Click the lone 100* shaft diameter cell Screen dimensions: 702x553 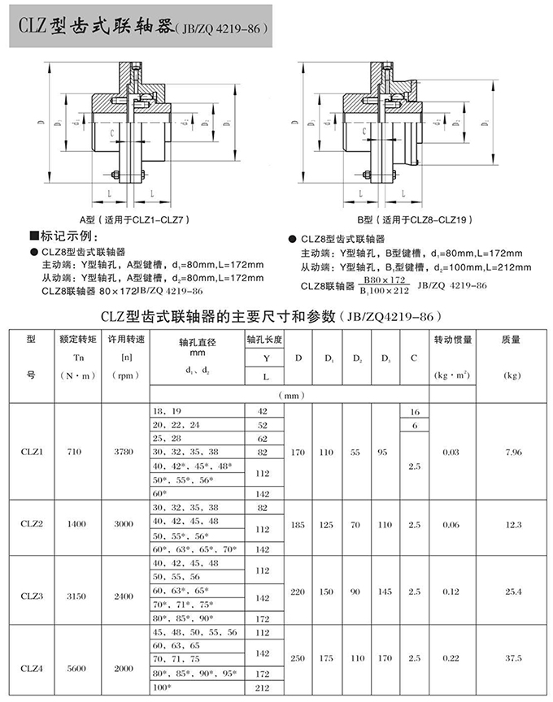tap(161, 688)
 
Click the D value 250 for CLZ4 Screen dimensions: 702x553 tap(298, 659)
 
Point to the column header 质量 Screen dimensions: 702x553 tap(512, 340)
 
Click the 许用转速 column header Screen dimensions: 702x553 tap(124, 340)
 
